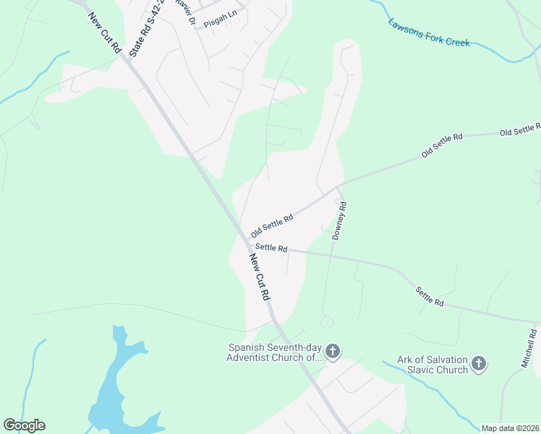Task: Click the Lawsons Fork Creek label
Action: (429, 33)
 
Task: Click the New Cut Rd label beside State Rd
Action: (104, 32)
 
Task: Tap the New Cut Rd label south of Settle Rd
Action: (259, 277)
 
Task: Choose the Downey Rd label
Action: (340, 221)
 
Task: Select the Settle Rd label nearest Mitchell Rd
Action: (429, 296)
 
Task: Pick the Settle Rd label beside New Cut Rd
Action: (272, 248)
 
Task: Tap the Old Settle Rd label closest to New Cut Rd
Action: (271, 226)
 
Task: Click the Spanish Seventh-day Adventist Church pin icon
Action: (332, 352)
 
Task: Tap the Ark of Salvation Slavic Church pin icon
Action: (479, 363)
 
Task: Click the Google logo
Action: (24, 425)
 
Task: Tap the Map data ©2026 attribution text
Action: (509, 428)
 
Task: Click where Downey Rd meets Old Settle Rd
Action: (338, 187)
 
